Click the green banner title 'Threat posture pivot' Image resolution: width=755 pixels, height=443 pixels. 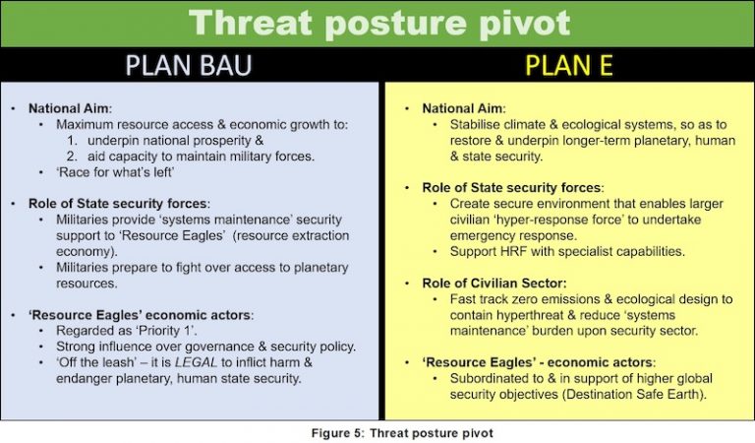point(377,23)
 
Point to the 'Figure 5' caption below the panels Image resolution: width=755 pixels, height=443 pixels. point(377,430)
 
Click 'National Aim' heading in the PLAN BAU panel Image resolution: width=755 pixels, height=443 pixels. point(68,108)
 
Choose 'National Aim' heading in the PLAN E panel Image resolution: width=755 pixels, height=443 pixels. point(462,108)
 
